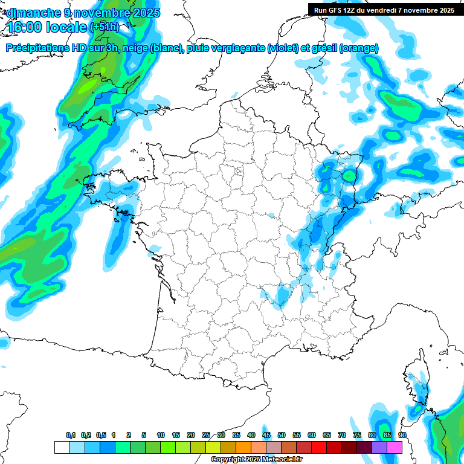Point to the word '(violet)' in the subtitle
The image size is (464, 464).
pyautogui.click(x=283, y=48)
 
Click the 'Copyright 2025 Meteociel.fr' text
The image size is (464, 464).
pyautogui.click(x=256, y=460)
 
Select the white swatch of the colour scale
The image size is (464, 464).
pyautogui.click(x=62, y=447)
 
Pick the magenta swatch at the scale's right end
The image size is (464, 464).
pyautogui.click(x=395, y=447)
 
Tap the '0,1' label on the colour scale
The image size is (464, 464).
pyautogui.click(x=71, y=435)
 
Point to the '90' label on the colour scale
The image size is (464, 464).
pyautogui.click(x=402, y=435)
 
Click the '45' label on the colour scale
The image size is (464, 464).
pyautogui.click(x=266, y=435)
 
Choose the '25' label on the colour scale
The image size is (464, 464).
pyautogui.click(x=206, y=435)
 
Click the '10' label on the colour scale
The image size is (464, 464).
pyautogui.click(x=161, y=435)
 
